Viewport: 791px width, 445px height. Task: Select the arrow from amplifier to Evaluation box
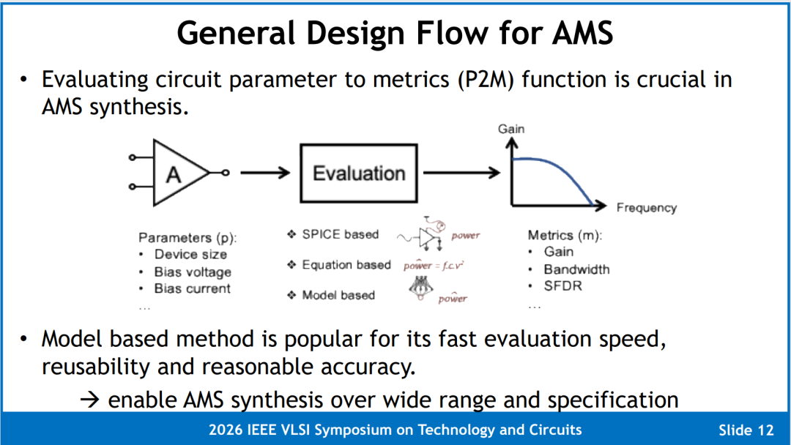pyautogui.click(x=265, y=173)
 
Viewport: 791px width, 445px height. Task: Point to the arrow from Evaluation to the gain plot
pyautogui.click(x=461, y=173)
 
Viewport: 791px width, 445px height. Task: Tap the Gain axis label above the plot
pyautogui.click(x=511, y=129)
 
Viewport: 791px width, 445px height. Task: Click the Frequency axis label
pyautogui.click(x=646, y=208)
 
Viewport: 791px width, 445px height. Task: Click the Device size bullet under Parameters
pyautogui.click(x=190, y=255)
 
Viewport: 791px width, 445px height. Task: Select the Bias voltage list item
pyautogui.click(x=193, y=272)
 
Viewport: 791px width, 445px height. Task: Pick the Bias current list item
pyautogui.click(x=192, y=289)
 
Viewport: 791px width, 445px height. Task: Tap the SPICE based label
pyautogui.click(x=340, y=234)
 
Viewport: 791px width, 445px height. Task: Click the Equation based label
pyautogui.click(x=346, y=264)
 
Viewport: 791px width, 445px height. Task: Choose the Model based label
pyautogui.click(x=338, y=295)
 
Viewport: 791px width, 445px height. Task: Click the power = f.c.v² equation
pyautogui.click(x=434, y=265)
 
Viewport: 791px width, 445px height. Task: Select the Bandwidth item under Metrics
pyautogui.click(x=576, y=269)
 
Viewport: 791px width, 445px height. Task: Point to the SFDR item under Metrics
pyautogui.click(x=562, y=286)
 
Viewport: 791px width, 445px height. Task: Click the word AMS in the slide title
pyautogui.click(x=582, y=33)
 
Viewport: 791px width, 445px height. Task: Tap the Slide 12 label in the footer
pyautogui.click(x=746, y=430)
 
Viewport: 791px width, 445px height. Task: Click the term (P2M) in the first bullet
pyautogui.click(x=486, y=80)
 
